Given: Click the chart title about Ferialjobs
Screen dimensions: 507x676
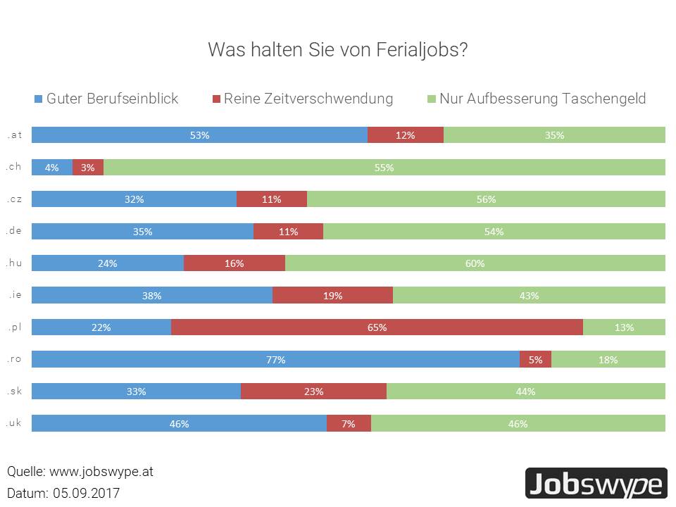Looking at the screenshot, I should coord(338,51).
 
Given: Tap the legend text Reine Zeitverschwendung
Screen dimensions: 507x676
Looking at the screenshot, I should coord(308,99).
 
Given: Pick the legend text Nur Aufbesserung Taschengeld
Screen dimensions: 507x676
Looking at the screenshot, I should coord(542,99).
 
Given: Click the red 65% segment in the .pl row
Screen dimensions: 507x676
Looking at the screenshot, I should coord(377,327).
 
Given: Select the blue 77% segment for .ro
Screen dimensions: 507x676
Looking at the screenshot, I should coord(275,360).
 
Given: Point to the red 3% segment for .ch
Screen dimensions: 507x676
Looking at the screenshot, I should coord(88,168).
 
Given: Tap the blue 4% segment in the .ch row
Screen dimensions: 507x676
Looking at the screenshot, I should coord(52,168).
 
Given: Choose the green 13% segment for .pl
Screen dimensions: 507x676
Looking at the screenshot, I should coord(624,327).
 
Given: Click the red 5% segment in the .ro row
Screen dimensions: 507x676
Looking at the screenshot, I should coord(535,360).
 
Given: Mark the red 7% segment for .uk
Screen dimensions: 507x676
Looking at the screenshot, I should coord(349,424).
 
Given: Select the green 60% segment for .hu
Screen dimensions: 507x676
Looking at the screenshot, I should coord(475,263).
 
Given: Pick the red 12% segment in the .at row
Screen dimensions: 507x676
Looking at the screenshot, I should coord(406,135).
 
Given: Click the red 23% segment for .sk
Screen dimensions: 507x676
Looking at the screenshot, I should coord(313,392).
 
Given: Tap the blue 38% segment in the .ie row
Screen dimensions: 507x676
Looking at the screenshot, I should coord(152,296).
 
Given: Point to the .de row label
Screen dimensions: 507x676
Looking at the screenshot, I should coord(14,230).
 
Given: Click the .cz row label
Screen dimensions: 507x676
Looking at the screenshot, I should coord(14,199).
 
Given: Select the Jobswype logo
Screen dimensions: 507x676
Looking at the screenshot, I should coord(596,484).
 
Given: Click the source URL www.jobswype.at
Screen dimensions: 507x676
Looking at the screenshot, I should coord(101,472).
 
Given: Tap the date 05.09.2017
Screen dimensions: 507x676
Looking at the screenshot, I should coord(86,493).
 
